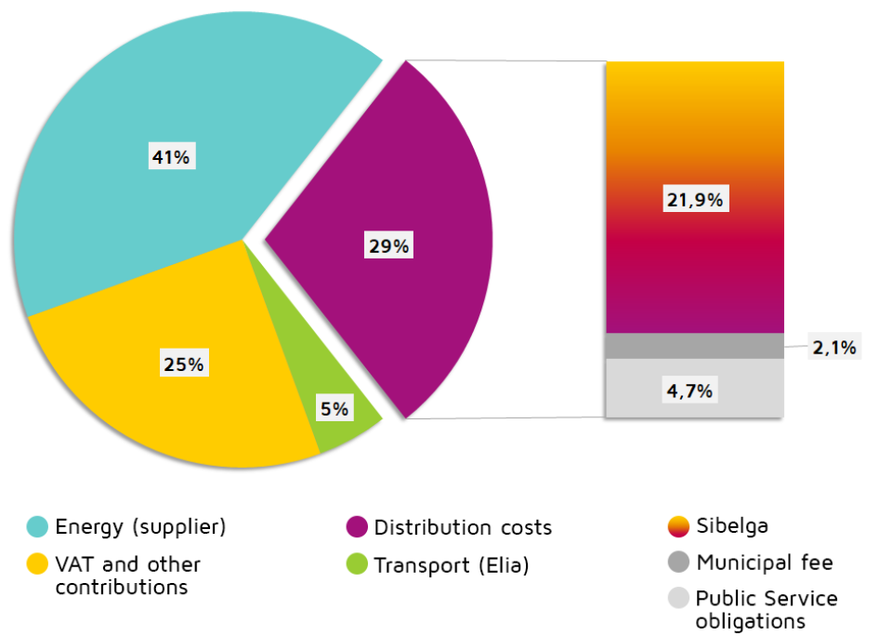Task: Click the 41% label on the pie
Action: (171, 157)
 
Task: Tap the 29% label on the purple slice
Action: (388, 246)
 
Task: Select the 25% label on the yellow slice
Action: (184, 364)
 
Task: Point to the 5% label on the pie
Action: (334, 408)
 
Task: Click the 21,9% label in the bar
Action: (694, 199)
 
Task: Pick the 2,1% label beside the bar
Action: (834, 348)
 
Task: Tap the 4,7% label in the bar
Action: (689, 391)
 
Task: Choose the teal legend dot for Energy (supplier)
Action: (37, 527)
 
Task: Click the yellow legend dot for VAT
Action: (37, 563)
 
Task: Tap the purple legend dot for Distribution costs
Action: (357, 527)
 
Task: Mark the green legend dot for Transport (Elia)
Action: (357, 563)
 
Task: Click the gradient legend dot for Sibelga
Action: (678, 526)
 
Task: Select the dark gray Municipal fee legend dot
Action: (678, 562)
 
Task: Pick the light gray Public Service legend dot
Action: (678, 598)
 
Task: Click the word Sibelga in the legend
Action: (732, 526)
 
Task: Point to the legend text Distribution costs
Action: (463, 528)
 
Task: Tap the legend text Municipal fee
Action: (765, 563)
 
